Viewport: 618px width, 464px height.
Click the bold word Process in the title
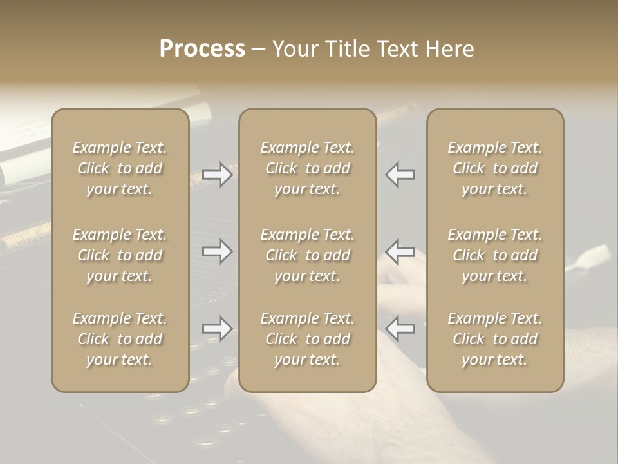[x=202, y=49]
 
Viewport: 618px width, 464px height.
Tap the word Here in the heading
[x=449, y=49]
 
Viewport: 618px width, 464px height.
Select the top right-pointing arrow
[x=218, y=175]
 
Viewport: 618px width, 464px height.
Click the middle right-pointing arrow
[x=218, y=251]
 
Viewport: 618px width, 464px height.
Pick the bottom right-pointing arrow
[x=218, y=328]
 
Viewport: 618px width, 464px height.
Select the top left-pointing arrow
[x=400, y=175]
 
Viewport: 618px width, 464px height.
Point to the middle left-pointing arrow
[x=400, y=251]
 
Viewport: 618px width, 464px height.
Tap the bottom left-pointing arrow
[x=400, y=328]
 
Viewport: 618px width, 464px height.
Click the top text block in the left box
[x=120, y=168]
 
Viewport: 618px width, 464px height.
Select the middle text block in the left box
[x=120, y=255]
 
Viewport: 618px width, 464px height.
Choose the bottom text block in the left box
[x=120, y=339]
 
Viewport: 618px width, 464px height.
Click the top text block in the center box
[x=308, y=168]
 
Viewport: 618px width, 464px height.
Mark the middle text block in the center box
[x=308, y=255]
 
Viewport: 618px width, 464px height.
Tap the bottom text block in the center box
[x=308, y=339]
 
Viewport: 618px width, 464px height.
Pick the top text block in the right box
[x=495, y=168]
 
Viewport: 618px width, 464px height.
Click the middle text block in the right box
[x=495, y=255]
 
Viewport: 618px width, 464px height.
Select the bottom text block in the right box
[x=495, y=339]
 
